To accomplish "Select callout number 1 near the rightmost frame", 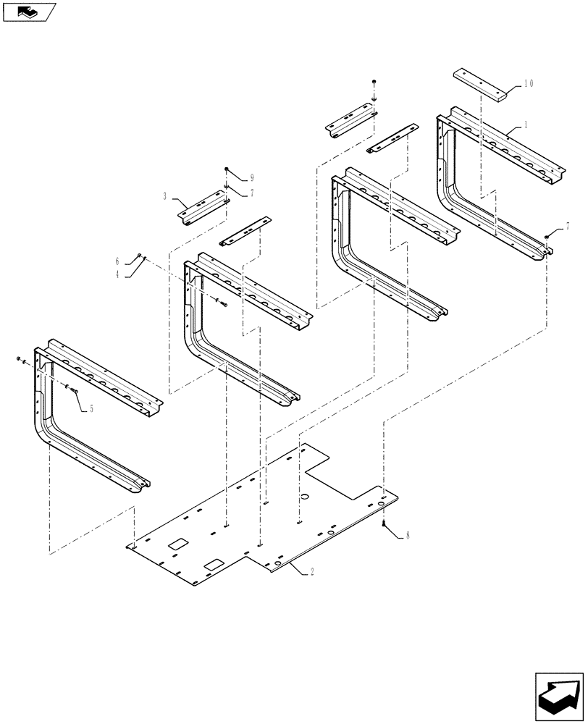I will [526, 125].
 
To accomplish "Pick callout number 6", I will [117, 261].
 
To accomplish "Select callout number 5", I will [91, 408].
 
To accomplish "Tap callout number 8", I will [408, 536].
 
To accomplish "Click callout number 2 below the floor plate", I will [312, 571].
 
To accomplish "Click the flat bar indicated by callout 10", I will [481, 80].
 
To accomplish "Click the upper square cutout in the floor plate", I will [177, 543].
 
